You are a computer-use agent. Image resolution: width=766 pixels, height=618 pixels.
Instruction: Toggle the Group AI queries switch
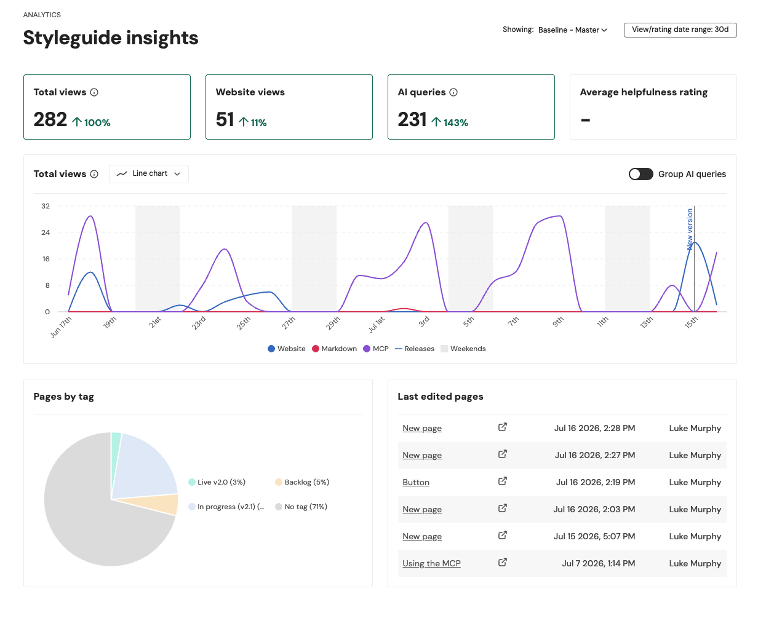[640, 174]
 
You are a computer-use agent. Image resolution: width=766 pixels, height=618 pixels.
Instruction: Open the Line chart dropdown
[148, 174]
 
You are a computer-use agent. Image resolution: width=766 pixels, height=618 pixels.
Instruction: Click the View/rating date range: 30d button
[680, 30]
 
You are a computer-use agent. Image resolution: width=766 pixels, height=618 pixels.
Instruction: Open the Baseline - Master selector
[573, 30]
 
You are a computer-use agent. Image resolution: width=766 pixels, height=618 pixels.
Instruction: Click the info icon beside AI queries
[453, 92]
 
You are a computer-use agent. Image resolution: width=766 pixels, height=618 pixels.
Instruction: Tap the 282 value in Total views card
[50, 119]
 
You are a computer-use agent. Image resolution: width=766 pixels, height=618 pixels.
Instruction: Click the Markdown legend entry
[334, 349]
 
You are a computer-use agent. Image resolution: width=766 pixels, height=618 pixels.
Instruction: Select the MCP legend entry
[375, 349]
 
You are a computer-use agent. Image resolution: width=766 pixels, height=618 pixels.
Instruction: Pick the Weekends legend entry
[463, 349]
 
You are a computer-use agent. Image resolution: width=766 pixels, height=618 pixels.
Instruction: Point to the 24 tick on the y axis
[46, 232]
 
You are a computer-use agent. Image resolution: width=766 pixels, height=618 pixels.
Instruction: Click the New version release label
[689, 229]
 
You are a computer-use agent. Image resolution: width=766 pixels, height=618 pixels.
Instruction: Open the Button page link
[416, 482]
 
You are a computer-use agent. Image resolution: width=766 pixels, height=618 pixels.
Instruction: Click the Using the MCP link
[431, 563]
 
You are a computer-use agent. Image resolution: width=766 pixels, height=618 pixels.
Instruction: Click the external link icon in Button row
[502, 481]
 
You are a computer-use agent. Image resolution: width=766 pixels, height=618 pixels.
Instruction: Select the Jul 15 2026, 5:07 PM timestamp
[594, 536]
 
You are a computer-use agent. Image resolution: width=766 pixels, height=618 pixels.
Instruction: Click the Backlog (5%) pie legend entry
[302, 482]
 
